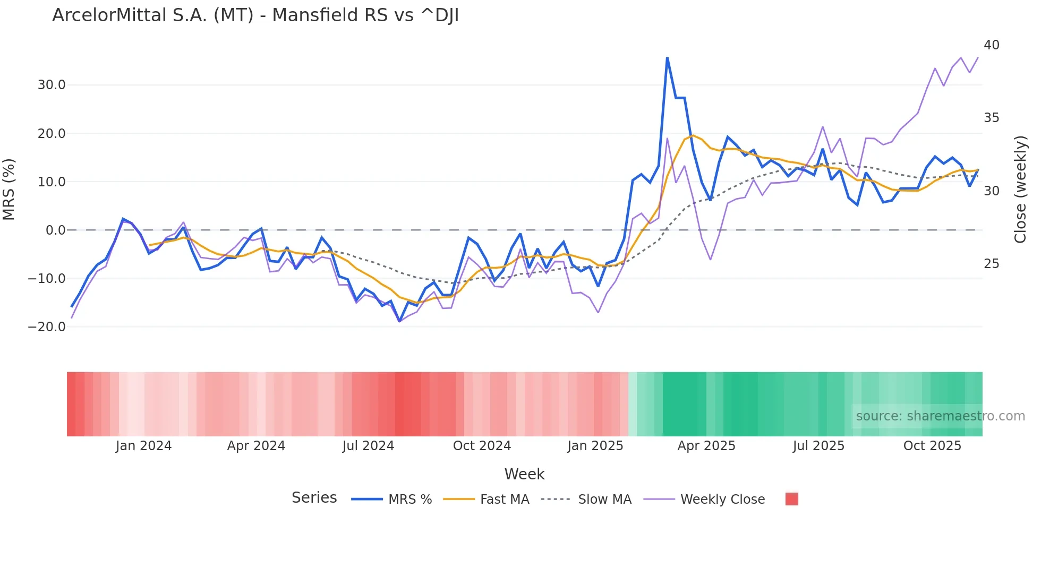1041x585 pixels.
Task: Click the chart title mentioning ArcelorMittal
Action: [255, 15]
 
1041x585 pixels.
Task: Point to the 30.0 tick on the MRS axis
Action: [52, 85]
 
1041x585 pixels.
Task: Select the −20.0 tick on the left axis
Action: [47, 327]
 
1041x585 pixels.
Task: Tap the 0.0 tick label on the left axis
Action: [55, 230]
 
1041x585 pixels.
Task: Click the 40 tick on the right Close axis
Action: [991, 45]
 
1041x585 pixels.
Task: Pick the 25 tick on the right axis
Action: [991, 264]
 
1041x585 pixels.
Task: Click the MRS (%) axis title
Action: [9, 189]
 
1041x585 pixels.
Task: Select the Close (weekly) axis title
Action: [1020, 189]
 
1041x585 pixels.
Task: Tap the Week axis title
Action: [524, 474]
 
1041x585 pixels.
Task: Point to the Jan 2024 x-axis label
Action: [143, 446]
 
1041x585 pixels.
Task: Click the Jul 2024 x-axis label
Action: [368, 446]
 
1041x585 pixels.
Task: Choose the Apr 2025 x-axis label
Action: [706, 446]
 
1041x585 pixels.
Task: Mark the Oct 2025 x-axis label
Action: [932, 446]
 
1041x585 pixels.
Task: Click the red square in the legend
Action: [791, 499]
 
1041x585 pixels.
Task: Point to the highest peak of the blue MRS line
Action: [667, 58]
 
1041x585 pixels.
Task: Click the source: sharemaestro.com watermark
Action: [940, 416]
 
